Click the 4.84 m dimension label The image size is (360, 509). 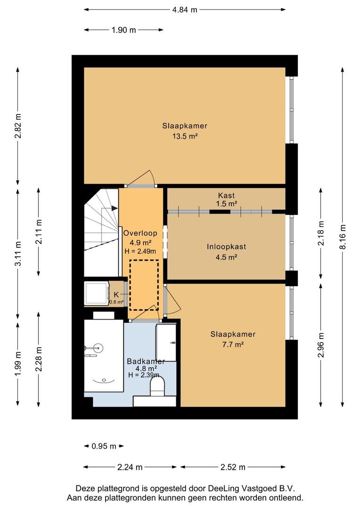pyautogui.click(x=185, y=9)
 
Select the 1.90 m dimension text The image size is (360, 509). pyautogui.click(x=123, y=30)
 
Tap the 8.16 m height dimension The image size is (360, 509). pyautogui.click(x=343, y=236)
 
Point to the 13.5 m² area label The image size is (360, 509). pyautogui.click(x=185, y=136)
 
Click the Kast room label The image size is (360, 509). pyautogui.click(x=226, y=196)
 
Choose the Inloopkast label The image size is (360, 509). pyautogui.click(x=226, y=246)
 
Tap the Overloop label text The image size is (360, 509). pyautogui.click(x=140, y=233)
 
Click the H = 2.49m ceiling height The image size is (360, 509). pyautogui.click(x=140, y=251)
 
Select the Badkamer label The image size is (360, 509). pyautogui.click(x=146, y=361)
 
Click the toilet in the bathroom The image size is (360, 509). pyautogui.click(x=157, y=387)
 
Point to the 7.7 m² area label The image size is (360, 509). pyautogui.click(x=233, y=345)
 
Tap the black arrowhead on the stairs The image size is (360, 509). pyautogui.click(x=115, y=208)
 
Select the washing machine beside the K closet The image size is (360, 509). pyautogui.click(x=97, y=294)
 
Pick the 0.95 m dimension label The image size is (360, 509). pyautogui.click(x=104, y=446)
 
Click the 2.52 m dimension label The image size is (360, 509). pyautogui.click(x=233, y=468)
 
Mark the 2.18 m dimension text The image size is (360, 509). pyautogui.click(x=321, y=233)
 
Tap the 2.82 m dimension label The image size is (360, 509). pyautogui.click(x=18, y=126)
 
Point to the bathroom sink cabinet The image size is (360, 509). pyautogui.click(x=166, y=343)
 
